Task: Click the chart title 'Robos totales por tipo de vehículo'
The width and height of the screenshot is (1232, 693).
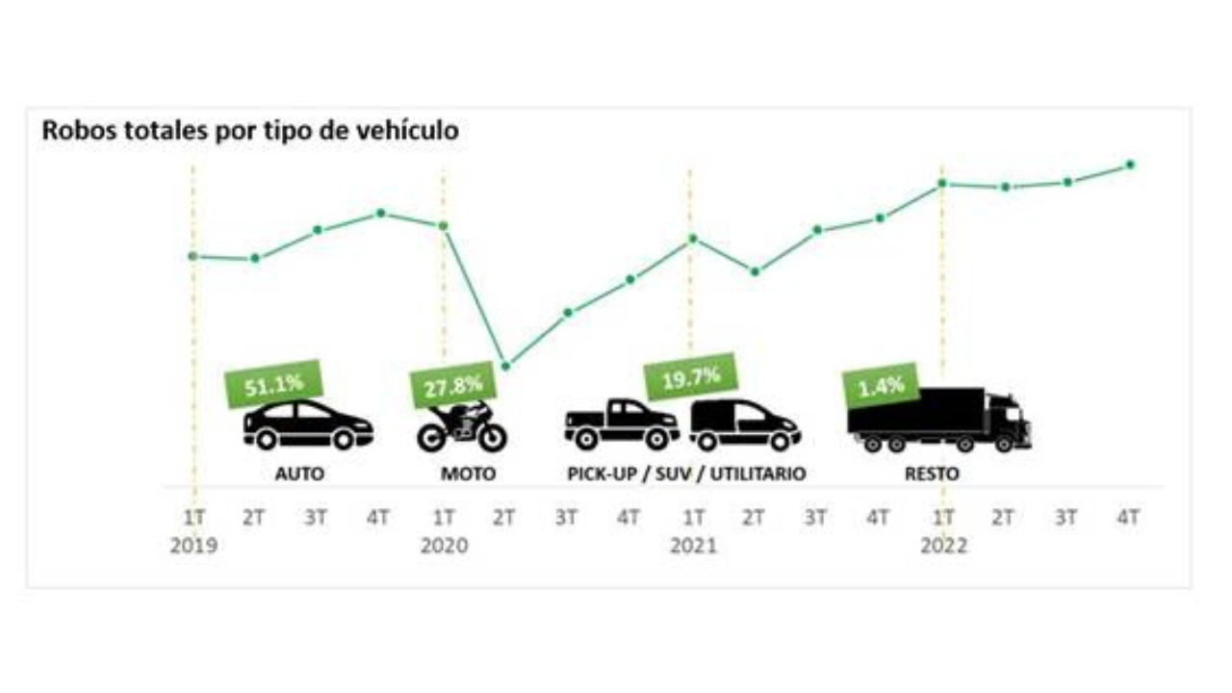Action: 249,131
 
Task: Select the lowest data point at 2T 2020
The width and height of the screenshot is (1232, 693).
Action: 506,366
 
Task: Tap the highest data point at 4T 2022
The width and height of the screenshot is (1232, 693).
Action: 1130,165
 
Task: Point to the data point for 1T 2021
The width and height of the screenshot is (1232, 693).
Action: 693,239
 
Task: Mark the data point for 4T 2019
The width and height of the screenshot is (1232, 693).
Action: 380,213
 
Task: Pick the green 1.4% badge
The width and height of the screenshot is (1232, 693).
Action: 881,386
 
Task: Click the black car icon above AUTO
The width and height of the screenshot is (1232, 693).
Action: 308,425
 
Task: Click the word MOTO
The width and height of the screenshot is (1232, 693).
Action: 469,475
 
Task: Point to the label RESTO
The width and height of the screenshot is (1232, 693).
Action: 932,475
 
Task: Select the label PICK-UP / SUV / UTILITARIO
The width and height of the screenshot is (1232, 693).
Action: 685,475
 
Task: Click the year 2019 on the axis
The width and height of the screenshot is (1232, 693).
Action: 193,546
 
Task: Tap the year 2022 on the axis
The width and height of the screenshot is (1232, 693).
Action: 943,546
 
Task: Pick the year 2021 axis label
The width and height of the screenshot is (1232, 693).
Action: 693,546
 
